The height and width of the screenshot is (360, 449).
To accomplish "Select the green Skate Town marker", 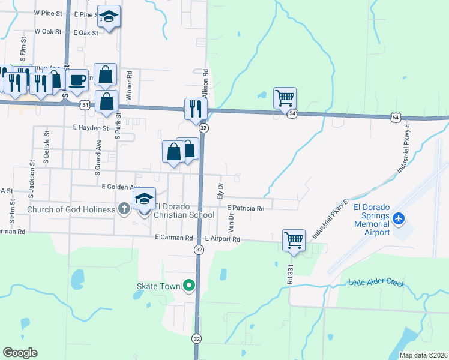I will [190, 287].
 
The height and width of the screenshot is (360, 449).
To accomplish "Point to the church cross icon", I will [124, 209].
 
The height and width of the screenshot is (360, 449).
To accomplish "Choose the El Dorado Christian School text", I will [184, 215].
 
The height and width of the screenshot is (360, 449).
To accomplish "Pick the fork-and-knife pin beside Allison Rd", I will [196, 108].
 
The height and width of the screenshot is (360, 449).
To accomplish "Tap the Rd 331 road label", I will [290, 271].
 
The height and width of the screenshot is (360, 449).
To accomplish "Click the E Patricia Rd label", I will [246, 208].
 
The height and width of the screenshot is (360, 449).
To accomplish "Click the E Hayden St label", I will [91, 128].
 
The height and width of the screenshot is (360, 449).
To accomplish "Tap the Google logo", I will [20, 353].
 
